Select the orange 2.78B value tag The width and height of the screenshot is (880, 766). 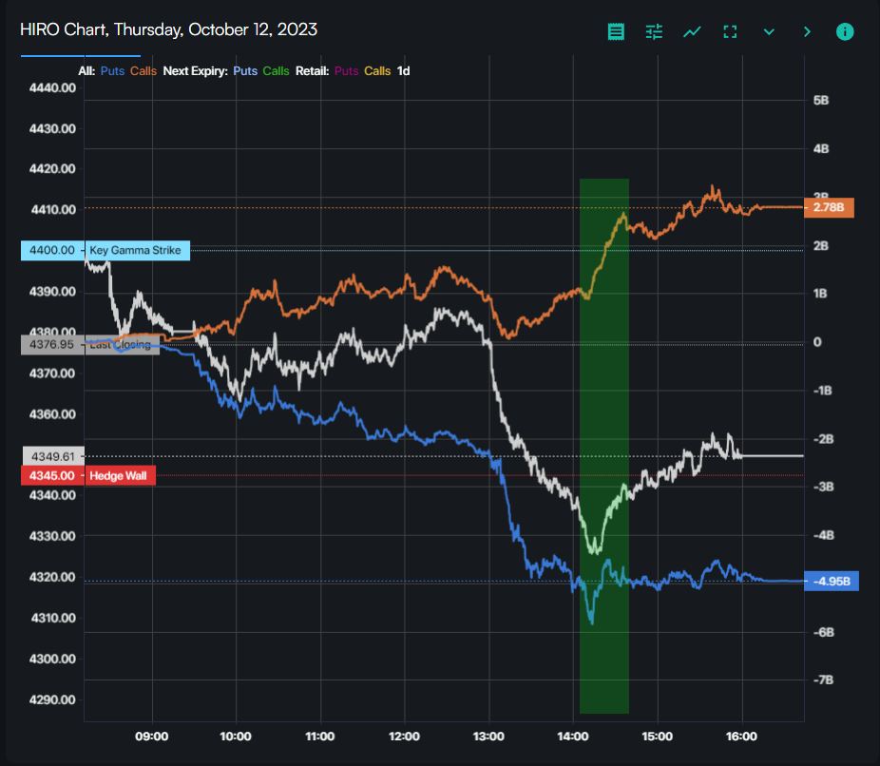[828, 207]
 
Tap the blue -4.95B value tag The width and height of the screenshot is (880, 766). [831, 581]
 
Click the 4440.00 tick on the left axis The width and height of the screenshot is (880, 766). [52, 87]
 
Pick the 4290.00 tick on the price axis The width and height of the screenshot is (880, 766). [52, 699]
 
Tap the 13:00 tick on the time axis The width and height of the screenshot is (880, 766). [488, 737]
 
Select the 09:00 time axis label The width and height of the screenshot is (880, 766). [152, 737]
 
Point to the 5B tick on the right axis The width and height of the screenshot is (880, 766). [821, 100]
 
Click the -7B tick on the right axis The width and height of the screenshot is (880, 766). [823, 680]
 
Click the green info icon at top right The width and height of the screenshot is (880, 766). [845, 31]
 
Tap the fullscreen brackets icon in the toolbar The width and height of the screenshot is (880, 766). [730, 31]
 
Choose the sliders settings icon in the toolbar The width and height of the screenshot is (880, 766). [654, 31]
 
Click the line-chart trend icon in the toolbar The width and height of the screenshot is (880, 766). [692, 31]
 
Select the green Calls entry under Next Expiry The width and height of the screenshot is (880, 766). [277, 70]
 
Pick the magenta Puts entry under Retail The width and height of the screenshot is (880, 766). [347, 70]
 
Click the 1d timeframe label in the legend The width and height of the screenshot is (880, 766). [403, 70]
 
